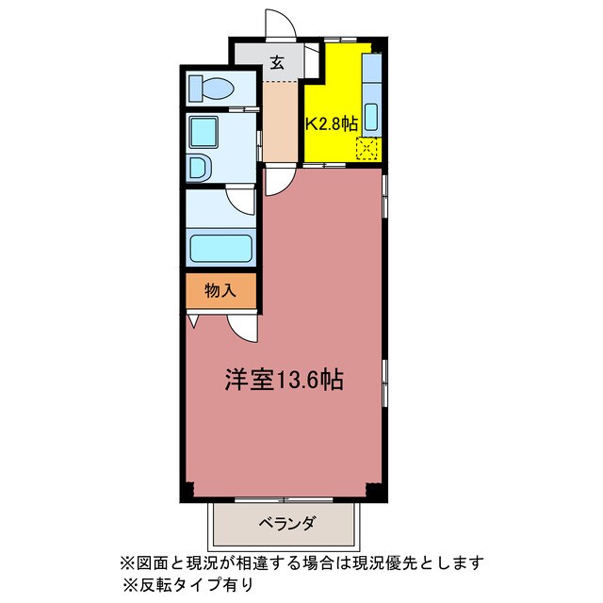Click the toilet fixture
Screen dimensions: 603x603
tap(211, 89)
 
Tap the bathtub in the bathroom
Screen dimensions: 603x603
tap(220, 249)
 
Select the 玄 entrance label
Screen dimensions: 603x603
tap(277, 63)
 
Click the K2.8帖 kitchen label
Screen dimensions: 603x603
tap(332, 123)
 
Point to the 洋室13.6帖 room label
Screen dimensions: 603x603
tap(284, 380)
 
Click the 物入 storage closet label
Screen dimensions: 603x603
tap(220, 291)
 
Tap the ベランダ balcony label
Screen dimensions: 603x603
tap(287, 524)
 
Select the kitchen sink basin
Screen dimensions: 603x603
tap(372, 117)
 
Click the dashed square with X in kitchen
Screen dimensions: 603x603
tap(367, 149)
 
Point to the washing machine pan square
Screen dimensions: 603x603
tap(204, 132)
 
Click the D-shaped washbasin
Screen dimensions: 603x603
tap(199, 169)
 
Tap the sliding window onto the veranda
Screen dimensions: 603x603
tap(284, 500)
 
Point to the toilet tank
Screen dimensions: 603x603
tap(196, 89)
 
